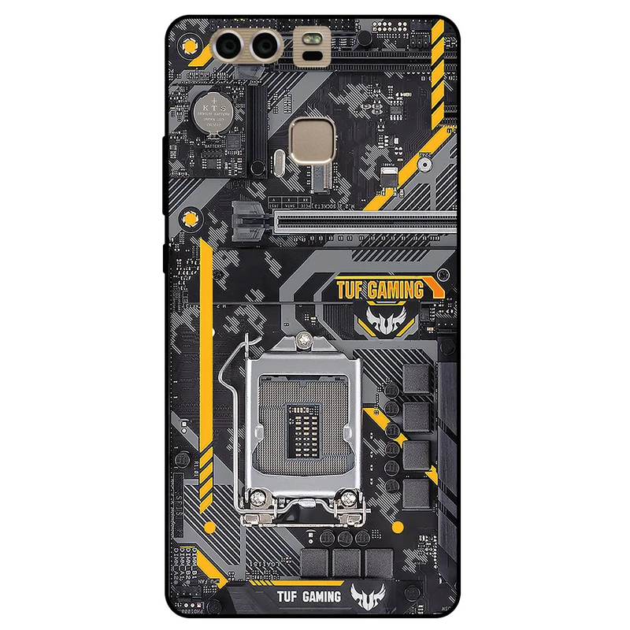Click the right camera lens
click(x=264, y=46)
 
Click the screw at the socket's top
click(x=306, y=340)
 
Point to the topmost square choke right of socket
click(x=417, y=379)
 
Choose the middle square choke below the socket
click(x=346, y=561)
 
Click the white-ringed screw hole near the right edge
click(x=424, y=165)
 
